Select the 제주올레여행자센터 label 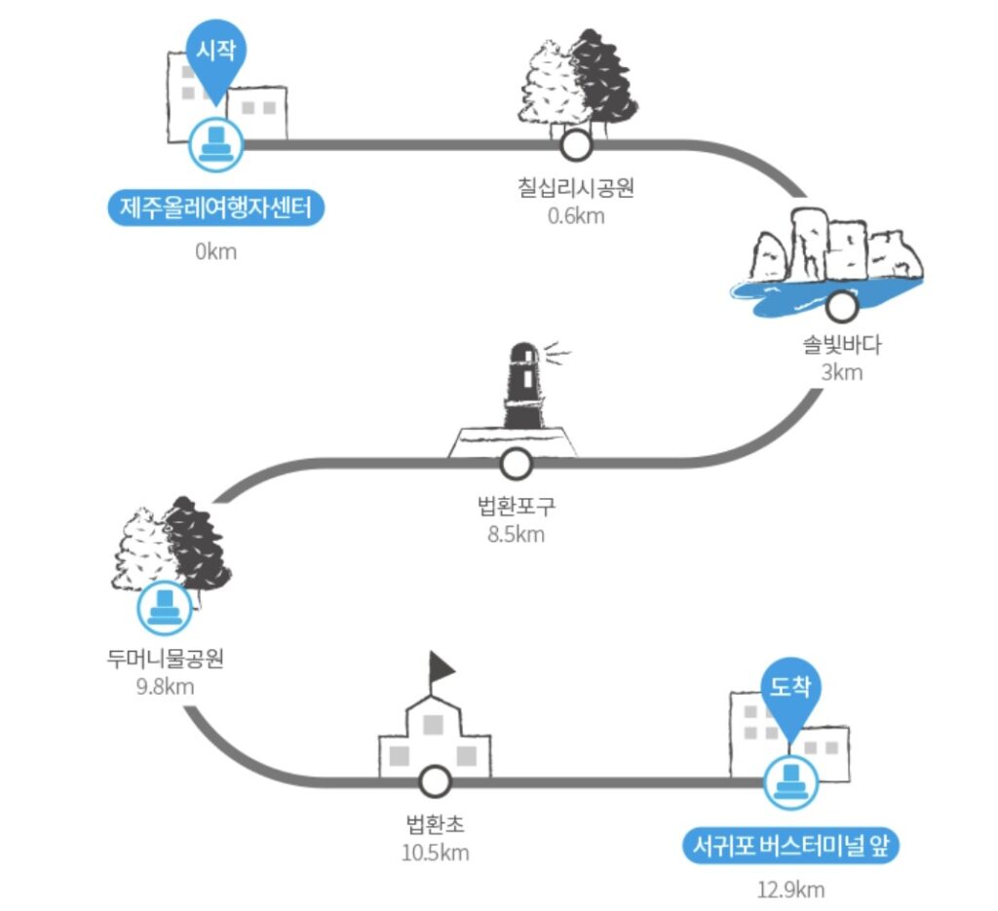(215, 209)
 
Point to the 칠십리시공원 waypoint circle (577, 146)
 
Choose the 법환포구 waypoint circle (516, 464)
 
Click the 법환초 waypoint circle (434, 781)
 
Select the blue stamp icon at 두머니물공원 (165, 606)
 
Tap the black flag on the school (442, 667)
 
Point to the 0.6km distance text (576, 215)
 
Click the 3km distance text (842, 372)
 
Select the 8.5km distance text (516, 533)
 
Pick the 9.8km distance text (166, 685)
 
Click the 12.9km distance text (790, 889)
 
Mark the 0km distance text (215, 252)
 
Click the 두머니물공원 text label (166, 659)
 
